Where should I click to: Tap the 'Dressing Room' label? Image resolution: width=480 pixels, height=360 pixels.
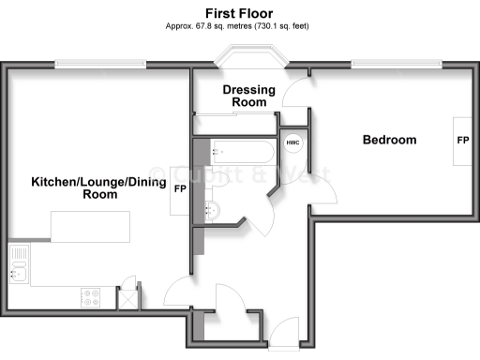249,96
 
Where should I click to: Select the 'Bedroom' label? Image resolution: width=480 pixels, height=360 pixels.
389,140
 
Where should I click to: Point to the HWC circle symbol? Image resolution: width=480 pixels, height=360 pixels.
292,143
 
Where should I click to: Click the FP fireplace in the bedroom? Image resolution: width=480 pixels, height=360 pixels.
462,141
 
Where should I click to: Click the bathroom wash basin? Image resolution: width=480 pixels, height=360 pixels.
213,209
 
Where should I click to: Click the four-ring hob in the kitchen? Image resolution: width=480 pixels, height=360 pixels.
93,297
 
